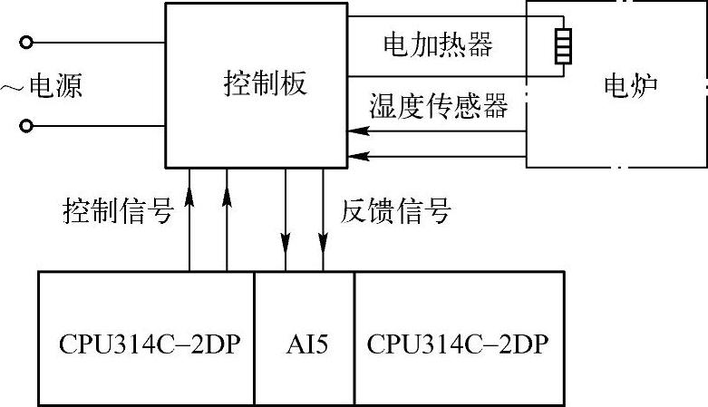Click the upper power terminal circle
(x=27, y=42)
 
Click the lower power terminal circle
(x=27, y=126)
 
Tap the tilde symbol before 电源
(x=12, y=86)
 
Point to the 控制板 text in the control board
(x=265, y=83)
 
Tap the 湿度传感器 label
(x=438, y=106)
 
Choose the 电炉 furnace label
(x=630, y=86)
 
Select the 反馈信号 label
(x=395, y=213)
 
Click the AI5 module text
(x=304, y=345)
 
